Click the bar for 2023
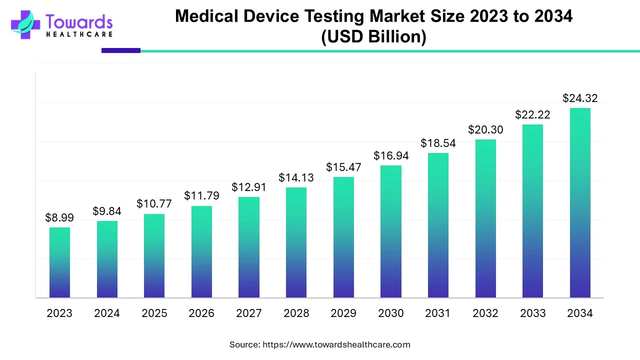click(59, 262)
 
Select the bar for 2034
click(580, 202)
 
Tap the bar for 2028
click(296, 242)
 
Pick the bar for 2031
click(438, 225)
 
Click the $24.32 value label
click(580, 98)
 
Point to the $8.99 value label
click(59, 217)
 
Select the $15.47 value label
click(343, 167)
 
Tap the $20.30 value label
click(485, 129)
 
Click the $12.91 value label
click(249, 187)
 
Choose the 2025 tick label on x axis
click(154, 313)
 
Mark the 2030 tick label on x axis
click(390, 313)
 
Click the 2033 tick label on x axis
click(532, 313)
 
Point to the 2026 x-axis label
click(201, 313)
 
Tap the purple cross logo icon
click(25, 24)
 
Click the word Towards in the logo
click(79, 21)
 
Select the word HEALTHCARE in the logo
click(79, 34)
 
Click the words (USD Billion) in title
click(373, 36)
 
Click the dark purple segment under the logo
click(120, 50)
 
